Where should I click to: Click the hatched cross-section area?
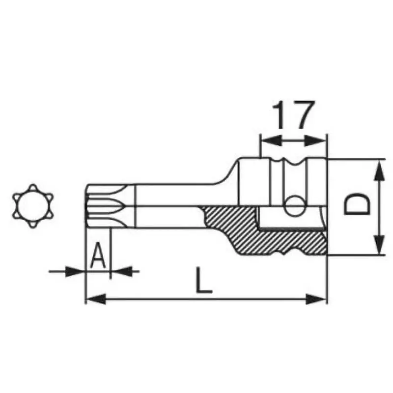(275, 241)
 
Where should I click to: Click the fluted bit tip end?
(98, 206)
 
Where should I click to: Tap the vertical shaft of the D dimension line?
(379, 206)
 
